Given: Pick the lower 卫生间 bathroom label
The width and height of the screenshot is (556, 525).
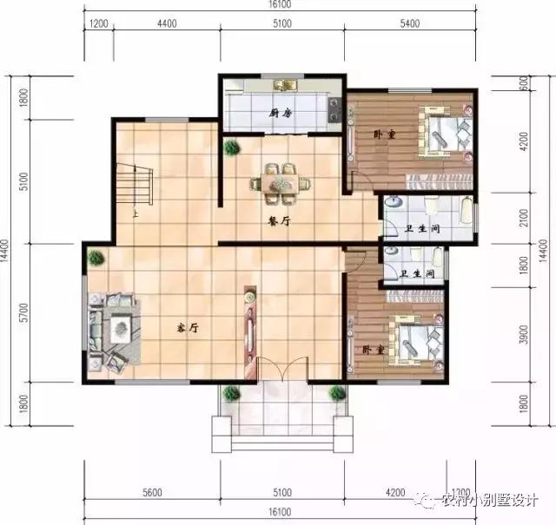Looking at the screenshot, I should click(x=420, y=273).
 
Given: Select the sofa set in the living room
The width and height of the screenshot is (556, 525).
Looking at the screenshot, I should click(x=113, y=330).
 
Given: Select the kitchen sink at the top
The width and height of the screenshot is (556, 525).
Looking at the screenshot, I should click(x=283, y=85).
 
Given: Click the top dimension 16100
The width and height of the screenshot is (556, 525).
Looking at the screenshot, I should click(x=281, y=5).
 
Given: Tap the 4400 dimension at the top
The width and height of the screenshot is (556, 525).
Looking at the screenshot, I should click(x=168, y=23).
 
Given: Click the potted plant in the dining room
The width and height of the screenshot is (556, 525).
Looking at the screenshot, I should click(x=232, y=147).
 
